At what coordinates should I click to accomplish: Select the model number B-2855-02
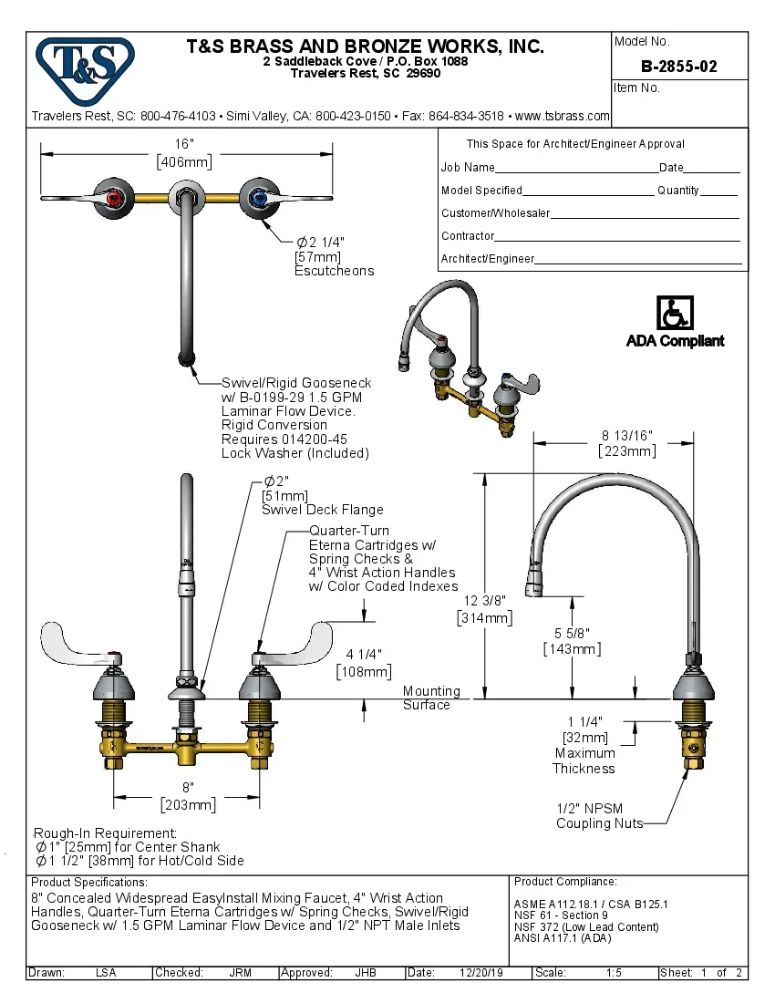(678, 67)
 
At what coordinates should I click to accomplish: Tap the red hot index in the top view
(113, 197)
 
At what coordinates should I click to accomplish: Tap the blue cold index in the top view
(260, 197)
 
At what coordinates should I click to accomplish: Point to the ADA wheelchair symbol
(675, 314)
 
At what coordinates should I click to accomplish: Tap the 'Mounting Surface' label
(431, 698)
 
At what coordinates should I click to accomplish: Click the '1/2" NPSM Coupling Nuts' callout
(598, 816)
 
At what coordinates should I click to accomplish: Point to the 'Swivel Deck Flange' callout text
(322, 510)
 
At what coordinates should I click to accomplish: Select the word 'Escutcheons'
(334, 271)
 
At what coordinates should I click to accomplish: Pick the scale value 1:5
(615, 973)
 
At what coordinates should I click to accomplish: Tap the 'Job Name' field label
(468, 168)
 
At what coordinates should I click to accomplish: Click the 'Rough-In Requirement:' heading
(105, 833)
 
